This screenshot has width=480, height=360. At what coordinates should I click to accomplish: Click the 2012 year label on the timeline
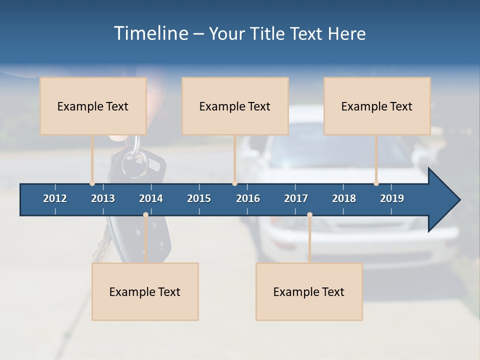coord(55,198)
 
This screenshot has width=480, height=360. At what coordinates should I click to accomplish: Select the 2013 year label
coord(103,198)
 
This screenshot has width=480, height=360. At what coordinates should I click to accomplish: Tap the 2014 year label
coord(151,198)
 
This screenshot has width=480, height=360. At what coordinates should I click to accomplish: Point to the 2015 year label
coord(199,198)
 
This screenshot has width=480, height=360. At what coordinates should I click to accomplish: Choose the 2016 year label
coord(248,198)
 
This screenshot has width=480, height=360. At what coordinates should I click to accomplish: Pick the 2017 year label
coord(296,198)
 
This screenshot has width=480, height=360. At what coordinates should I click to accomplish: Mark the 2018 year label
coord(344,198)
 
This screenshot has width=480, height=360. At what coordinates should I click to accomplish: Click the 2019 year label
coord(392,198)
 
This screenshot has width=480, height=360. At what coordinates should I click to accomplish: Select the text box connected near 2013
coord(93,106)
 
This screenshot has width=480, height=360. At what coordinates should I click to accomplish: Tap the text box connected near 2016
coord(235,106)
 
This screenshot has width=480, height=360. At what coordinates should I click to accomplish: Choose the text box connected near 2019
coord(377,106)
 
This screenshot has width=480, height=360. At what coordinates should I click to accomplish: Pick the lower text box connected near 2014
coord(145,291)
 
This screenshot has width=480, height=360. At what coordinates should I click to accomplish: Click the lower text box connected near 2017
coord(309,291)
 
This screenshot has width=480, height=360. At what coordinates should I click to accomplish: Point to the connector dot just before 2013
coord(92,183)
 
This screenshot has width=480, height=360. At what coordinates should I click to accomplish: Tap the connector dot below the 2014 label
coord(145,215)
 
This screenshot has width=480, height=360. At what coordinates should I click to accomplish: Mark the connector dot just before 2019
coord(376,183)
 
